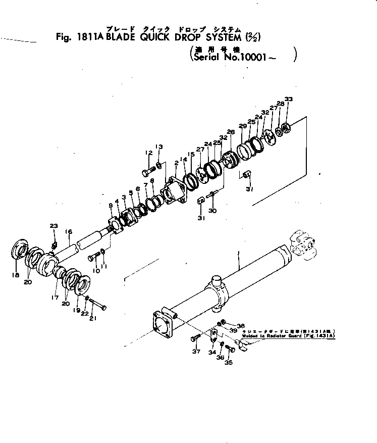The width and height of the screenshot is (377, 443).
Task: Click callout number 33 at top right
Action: click(288, 99)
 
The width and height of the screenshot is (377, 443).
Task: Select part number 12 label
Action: click(149, 153)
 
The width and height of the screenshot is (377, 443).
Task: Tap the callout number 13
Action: click(159, 147)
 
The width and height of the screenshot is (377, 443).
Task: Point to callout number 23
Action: click(53, 226)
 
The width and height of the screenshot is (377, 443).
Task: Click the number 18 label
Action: click(16, 275)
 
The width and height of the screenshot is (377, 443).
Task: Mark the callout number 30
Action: click(212, 211)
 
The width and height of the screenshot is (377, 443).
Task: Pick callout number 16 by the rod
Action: click(69, 232)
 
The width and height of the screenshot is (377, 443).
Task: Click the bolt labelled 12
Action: click(148, 171)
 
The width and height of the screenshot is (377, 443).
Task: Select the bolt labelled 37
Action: click(197, 338)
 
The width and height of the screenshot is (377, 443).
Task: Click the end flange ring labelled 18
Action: click(20, 251)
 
